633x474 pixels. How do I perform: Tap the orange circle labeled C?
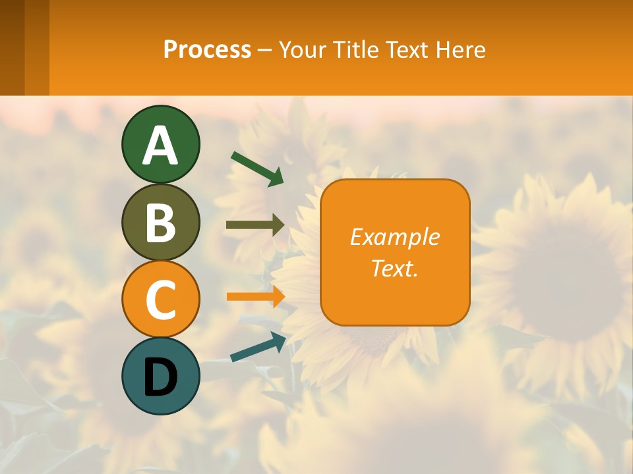160,299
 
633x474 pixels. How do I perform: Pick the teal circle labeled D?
160,377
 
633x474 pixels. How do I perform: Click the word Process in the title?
207,50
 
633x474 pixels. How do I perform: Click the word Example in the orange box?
394,237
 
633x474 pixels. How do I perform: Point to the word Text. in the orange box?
394,268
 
